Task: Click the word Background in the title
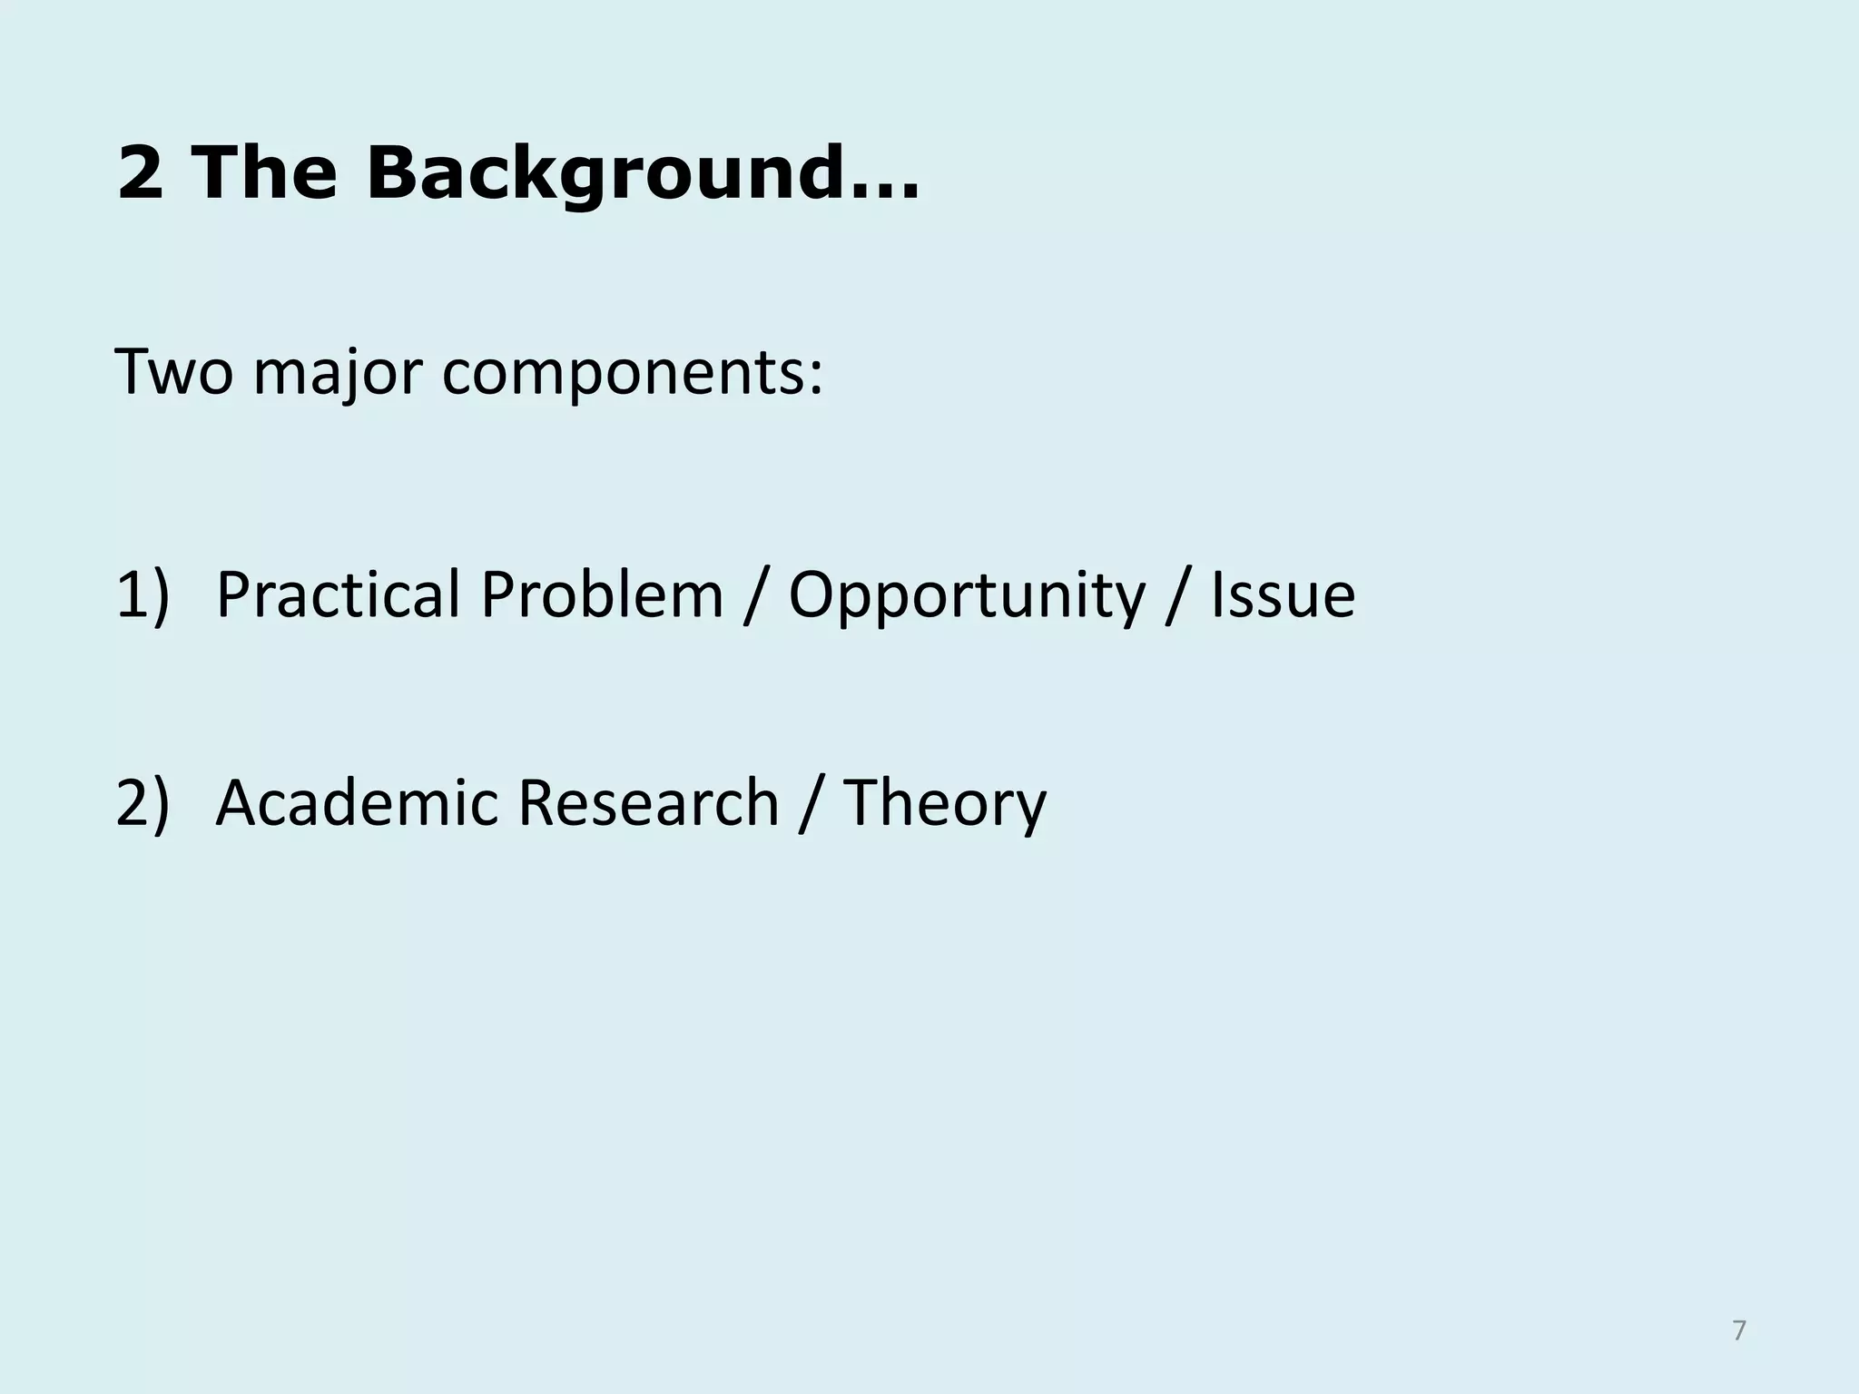point(603,174)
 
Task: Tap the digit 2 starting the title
point(141,174)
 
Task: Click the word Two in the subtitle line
point(173,372)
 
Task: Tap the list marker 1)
point(143,595)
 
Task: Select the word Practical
point(338,595)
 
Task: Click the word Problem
point(601,595)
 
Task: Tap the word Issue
point(1283,595)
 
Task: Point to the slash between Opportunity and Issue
point(1177,597)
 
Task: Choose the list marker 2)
point(143,804)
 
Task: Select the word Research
point(648,804)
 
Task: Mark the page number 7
point(1738,1331)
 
